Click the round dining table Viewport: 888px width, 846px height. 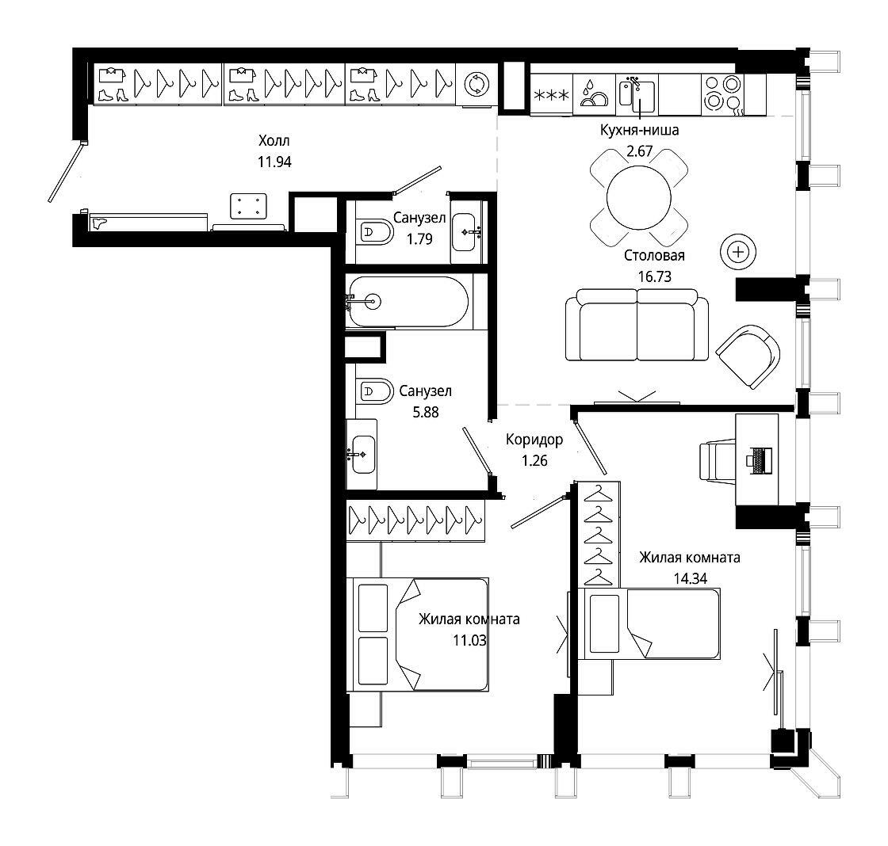638,197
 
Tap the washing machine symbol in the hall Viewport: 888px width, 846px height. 477,84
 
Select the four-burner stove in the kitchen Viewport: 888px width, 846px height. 722,92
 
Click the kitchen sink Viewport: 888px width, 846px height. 637,93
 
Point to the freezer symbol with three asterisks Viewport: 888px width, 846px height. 552,94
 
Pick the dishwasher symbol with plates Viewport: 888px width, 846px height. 594,94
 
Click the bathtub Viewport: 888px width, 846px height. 408,302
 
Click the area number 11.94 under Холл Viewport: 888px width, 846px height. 274,162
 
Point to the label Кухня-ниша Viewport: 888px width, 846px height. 639,130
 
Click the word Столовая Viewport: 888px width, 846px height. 654,256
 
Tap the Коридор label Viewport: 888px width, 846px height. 534,440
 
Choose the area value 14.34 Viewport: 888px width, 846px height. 691,579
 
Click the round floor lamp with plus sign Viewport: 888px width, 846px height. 738,252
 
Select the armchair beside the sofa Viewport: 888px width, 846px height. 748,356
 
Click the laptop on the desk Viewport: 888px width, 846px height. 760,459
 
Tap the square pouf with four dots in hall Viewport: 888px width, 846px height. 249,206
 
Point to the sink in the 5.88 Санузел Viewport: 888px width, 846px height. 362,455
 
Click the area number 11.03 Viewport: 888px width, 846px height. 469,641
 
